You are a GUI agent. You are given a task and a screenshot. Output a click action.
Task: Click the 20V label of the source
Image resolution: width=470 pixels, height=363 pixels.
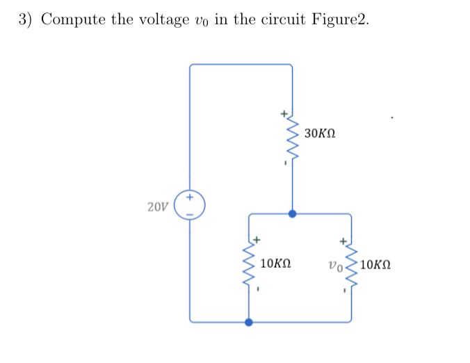(158, 207)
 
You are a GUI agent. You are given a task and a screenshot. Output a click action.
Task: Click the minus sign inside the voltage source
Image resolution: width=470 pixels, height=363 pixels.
(189, 212)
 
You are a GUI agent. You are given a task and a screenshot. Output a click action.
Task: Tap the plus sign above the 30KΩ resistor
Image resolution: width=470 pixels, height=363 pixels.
(282, 111)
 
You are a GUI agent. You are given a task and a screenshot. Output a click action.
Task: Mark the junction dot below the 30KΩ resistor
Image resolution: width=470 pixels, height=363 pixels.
(292, 214)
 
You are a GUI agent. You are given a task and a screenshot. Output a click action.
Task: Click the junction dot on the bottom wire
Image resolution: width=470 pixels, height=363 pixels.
(248, 322)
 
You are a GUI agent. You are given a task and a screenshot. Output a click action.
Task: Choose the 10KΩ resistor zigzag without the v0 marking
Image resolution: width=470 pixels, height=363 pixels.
(248, 268)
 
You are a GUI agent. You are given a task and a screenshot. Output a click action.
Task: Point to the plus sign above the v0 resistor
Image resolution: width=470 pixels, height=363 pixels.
(342, 241)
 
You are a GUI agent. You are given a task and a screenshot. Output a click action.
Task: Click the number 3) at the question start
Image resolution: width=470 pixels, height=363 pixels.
(26, 19)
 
